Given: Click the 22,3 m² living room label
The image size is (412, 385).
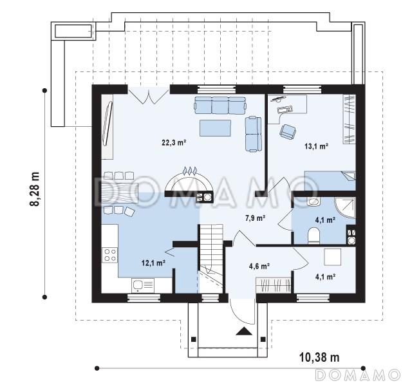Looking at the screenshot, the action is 174,143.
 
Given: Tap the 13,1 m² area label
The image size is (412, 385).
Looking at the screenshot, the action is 317,146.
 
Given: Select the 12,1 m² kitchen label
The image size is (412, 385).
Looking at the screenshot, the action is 153,263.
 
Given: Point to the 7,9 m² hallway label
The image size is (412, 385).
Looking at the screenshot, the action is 255,218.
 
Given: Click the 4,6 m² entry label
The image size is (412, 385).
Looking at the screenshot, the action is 259,266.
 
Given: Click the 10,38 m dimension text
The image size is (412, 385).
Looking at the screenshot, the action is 319,357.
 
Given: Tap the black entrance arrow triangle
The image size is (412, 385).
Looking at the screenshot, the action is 244,331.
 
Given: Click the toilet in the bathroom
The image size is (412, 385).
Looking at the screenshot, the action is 314,235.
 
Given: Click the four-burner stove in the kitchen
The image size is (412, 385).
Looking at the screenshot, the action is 110,255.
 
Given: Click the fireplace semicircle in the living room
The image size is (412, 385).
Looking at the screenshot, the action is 188,180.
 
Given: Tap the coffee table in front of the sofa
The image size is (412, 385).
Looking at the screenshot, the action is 215,128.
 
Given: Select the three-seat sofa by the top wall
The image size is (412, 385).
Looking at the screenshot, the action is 220,105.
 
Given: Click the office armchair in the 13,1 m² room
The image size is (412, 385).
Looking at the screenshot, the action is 288,131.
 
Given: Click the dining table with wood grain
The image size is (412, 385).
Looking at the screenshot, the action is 120,192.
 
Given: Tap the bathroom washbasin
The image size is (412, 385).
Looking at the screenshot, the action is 314,202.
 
